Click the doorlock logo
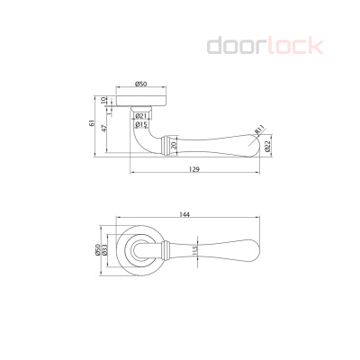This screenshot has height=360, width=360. pyautogui.click(x=265, y=46)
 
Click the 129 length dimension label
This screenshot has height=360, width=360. pyautogui.click(x=194, y=169)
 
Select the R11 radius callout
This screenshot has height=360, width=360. pyautogui.click(x=260, y=130)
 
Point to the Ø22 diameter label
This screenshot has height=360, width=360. pyautogui.click(x=268, y=146)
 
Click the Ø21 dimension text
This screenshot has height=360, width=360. pyautogui.click(x=140, y=116)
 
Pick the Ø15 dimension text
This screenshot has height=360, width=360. pyautogui.click(x=140, y=124)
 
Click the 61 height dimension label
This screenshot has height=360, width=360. pyautogui.click(x=92, y=123)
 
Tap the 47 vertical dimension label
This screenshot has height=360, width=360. pyautogui.click(x=104, y=129)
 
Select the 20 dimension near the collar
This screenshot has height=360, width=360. pyautogui.click(x=173, y=146)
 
